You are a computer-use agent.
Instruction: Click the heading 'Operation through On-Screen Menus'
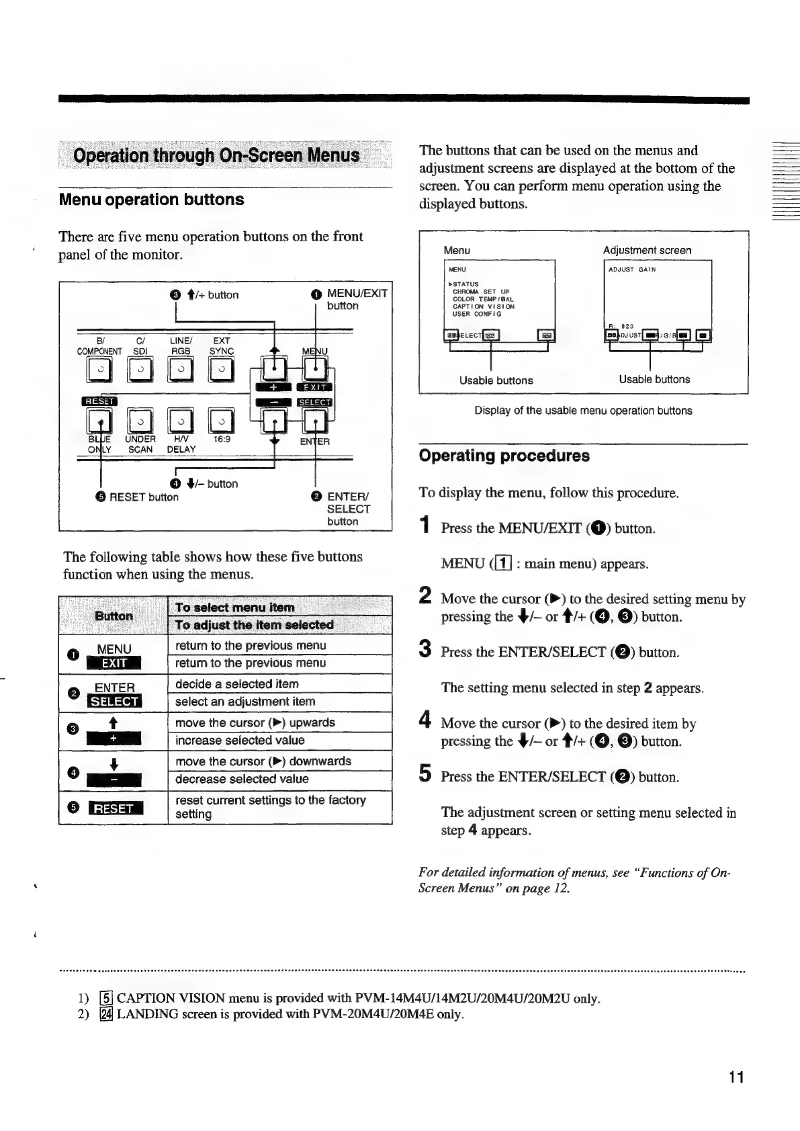pos(216,156)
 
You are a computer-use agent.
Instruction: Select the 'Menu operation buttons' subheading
pos(151,200)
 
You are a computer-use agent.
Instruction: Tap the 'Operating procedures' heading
pos(504,456)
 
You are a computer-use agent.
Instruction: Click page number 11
pos(736,1077)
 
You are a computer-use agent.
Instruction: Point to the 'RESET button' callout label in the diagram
pos(143,497)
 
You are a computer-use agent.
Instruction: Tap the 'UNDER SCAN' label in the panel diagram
pos(140,444)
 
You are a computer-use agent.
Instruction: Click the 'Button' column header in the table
pos(114,616)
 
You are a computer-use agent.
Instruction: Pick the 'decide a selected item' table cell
pos(236,684)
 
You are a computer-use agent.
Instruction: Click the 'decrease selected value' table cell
pos(242,779)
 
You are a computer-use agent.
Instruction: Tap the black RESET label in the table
pos(114,808)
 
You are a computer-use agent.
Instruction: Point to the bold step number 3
pos(425,650)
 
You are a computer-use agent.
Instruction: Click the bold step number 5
pos(425,775)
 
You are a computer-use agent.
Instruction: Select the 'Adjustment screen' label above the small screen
pos(647,250)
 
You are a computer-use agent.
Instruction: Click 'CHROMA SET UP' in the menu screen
pos(481,292)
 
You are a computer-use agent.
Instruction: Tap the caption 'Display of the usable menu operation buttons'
pos(583,411)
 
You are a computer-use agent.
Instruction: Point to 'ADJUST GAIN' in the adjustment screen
pos(631,269)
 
